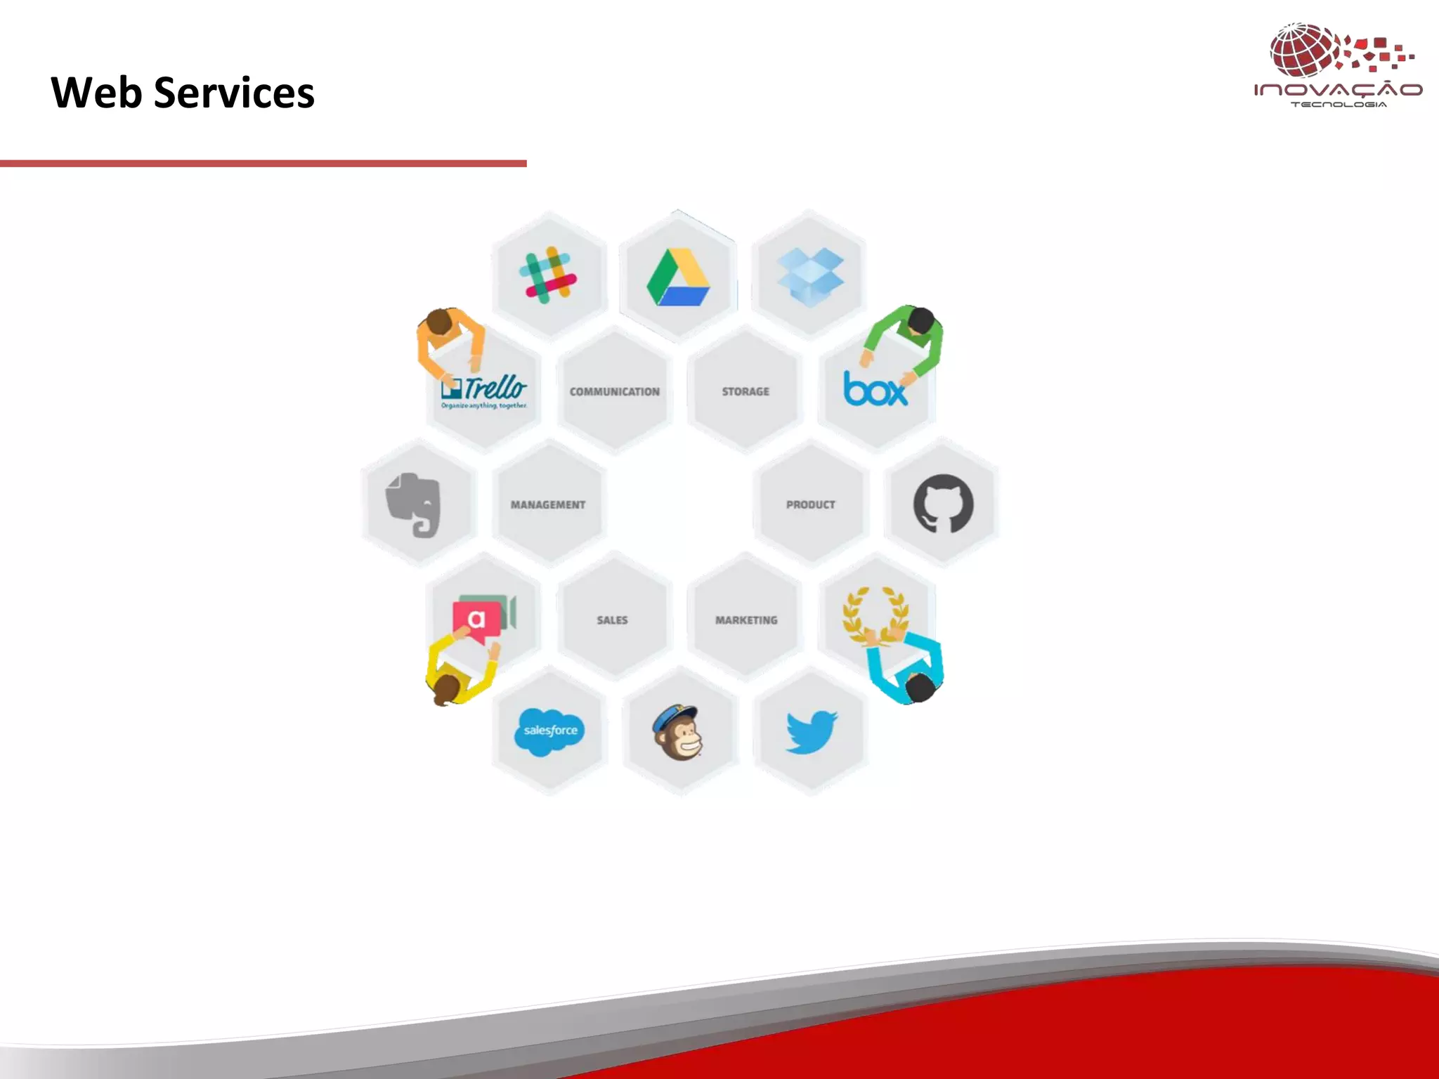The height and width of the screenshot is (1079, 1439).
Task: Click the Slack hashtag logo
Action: pyautogui.click(x=548, y=275)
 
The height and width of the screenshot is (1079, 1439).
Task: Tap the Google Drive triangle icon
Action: pyautogui.click(x=678, y=277)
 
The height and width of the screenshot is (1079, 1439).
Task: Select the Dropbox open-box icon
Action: pyautogui.click(x=810, y=276)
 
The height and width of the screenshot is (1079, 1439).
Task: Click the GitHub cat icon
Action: pyautogui.click(x=943, y=504)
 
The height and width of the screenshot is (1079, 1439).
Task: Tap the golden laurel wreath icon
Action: pyautogui.click(x=875, y=613)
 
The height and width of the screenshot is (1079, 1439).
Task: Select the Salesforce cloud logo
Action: pyautogui.click(x=550, y=731)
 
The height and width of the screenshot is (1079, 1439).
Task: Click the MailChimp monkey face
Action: pyautogui.click(x=677, y=733)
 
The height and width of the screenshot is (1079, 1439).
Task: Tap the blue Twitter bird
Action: pyautogui.click(x=812, y=731)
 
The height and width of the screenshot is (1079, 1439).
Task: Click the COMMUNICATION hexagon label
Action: pyautogui.click(x=614, y=392)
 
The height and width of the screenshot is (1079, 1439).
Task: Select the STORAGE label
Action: pyautogui.click(x=745, y=391)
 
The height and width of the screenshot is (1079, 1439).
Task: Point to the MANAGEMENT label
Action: pyautogui.click(x=547, y=504)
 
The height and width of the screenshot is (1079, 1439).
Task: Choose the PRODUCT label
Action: pyautogui.click(x=810, y=504)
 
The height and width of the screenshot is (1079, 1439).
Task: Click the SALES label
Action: pyautogui.click(x=612, y=620)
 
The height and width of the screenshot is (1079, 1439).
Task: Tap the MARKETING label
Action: pyautogui.click(x=746, y=620)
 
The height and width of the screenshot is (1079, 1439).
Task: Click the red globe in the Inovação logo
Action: pyautogui.click(x=1303, y=50)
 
